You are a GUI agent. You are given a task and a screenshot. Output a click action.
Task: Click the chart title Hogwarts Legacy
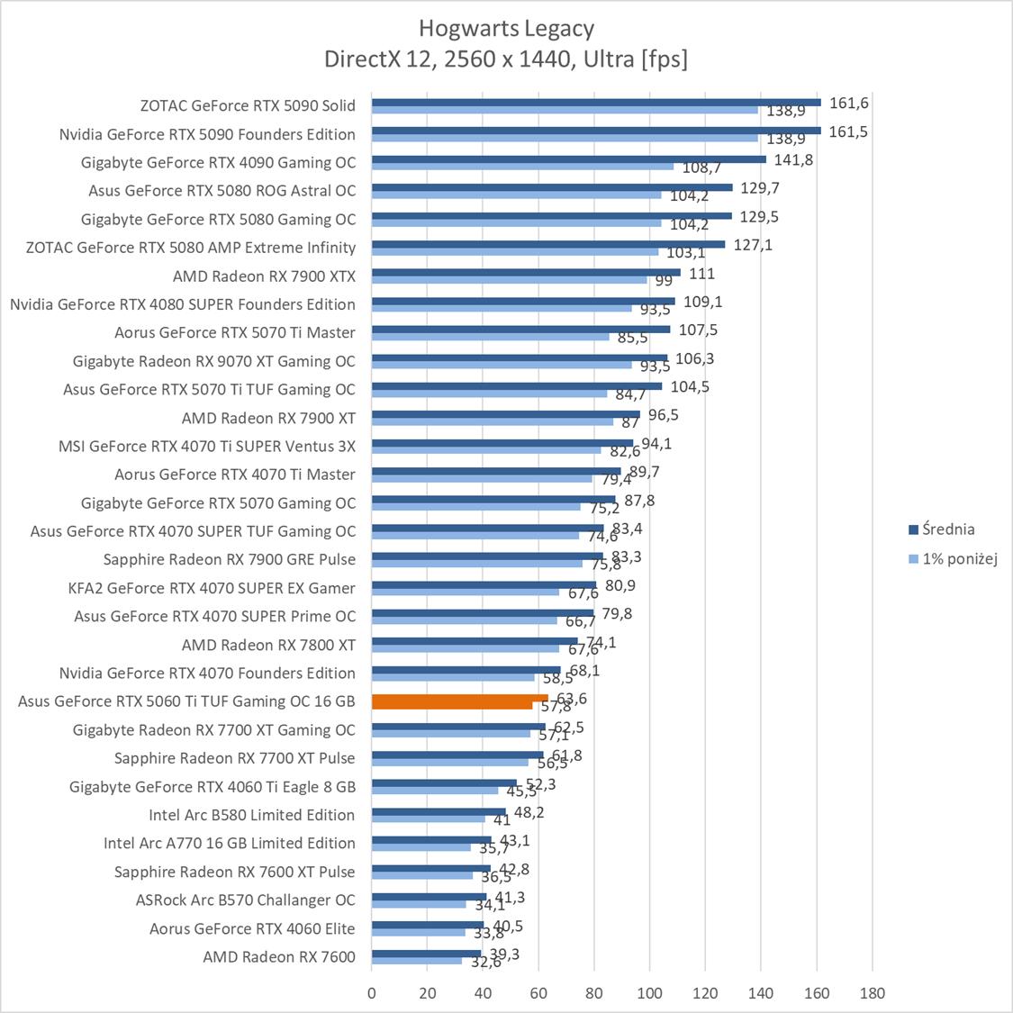(506, 29)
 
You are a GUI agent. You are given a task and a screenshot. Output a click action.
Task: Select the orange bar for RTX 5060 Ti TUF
(459, 698)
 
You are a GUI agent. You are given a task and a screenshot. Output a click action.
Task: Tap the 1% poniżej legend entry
(959, 559)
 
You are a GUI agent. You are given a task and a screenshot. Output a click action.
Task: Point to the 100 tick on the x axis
(649, 993)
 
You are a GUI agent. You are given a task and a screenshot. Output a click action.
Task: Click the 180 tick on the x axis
(872, 993)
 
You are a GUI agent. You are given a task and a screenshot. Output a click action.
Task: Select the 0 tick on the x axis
(372, 993)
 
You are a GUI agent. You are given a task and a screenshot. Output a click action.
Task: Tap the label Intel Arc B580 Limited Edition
(251, 815)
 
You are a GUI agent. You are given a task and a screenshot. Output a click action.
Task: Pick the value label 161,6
(848, 104)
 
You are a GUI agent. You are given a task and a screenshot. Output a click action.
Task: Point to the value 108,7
(701, 168)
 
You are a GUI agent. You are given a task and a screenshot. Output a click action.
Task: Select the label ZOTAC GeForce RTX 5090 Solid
(248, 105)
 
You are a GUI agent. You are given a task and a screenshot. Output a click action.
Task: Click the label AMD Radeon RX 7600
(279, 956)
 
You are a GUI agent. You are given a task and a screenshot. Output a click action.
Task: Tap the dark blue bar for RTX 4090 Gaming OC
(568, 159)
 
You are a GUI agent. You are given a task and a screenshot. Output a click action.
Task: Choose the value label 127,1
(753, 245)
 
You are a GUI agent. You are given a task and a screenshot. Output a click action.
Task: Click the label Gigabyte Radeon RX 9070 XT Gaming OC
(214, 361)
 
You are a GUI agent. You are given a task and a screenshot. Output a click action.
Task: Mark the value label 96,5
(663, 415)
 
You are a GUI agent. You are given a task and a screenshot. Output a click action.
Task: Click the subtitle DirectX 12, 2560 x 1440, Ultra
(506, 59)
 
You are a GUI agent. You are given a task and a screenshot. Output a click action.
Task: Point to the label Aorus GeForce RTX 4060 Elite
(252, 928)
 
